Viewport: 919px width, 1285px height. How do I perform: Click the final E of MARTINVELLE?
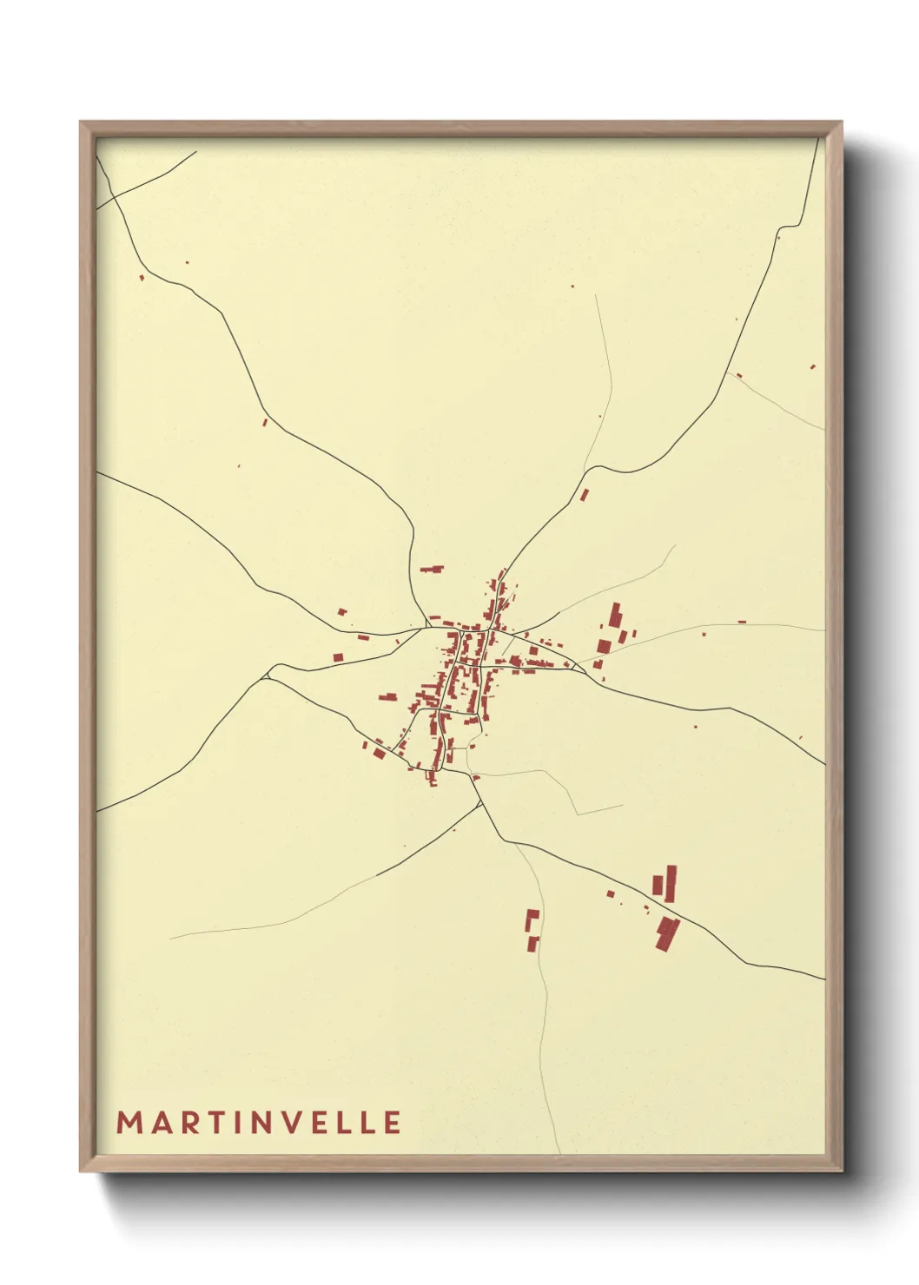392,1123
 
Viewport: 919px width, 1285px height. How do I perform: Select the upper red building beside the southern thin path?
532,917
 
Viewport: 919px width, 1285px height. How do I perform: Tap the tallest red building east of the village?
615,615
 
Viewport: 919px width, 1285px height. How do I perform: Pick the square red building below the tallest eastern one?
604,646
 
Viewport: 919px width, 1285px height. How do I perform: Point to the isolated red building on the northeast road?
584,496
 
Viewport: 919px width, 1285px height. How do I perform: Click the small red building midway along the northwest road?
266,422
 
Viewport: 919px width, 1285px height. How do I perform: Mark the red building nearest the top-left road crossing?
142,278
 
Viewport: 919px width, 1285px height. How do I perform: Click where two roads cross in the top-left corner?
112,200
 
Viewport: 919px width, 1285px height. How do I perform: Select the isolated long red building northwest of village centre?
432,570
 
